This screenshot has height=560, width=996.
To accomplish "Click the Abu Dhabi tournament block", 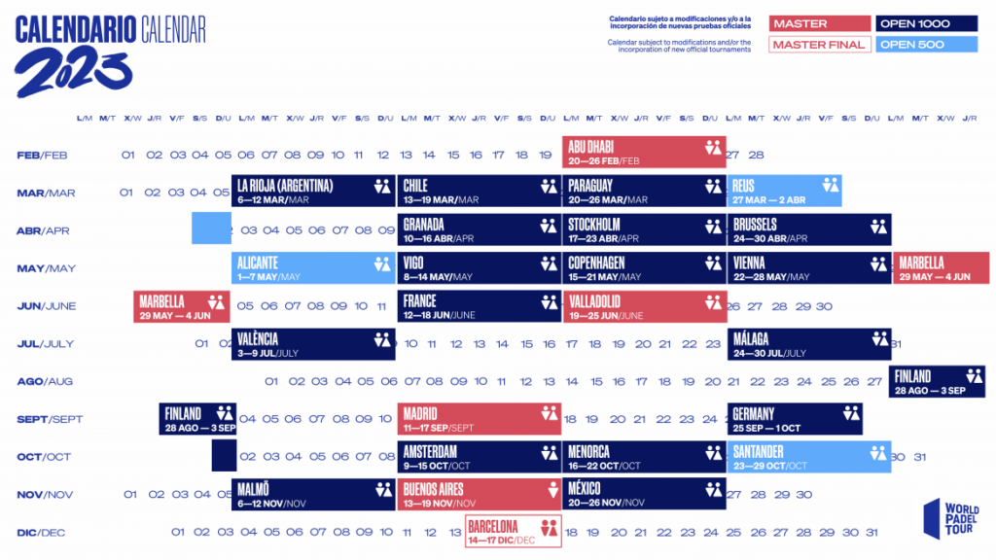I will (644, 154).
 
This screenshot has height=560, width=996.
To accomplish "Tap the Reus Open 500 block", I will (784, 192).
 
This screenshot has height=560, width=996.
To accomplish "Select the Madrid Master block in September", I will (480, 419).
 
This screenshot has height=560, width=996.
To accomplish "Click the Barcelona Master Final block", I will (514, 532).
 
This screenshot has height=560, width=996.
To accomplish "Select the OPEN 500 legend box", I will (926, 45).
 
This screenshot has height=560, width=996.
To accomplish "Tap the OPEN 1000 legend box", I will (926, 23).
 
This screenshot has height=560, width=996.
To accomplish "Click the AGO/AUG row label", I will (45, 382).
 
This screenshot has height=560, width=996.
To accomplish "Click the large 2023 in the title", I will (73, 71).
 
